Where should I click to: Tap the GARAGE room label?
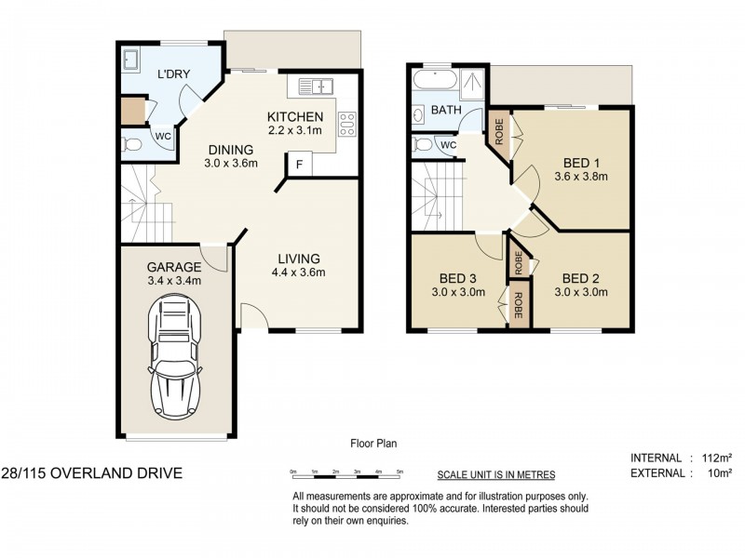pos(174,265)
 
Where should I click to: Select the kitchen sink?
pos(316,86)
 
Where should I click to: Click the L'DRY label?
pos(174,74)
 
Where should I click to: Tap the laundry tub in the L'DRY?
pos(131,60)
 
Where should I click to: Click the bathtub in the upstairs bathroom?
pos(434,83)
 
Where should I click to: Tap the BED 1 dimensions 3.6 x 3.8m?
pos(580,175)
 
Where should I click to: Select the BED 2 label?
pos(581,277)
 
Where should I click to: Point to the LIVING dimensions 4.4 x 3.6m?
pos(298,272)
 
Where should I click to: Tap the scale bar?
pos(346,473)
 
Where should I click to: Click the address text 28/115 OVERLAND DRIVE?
pos(91,473)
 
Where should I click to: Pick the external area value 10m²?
pos(716,473)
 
